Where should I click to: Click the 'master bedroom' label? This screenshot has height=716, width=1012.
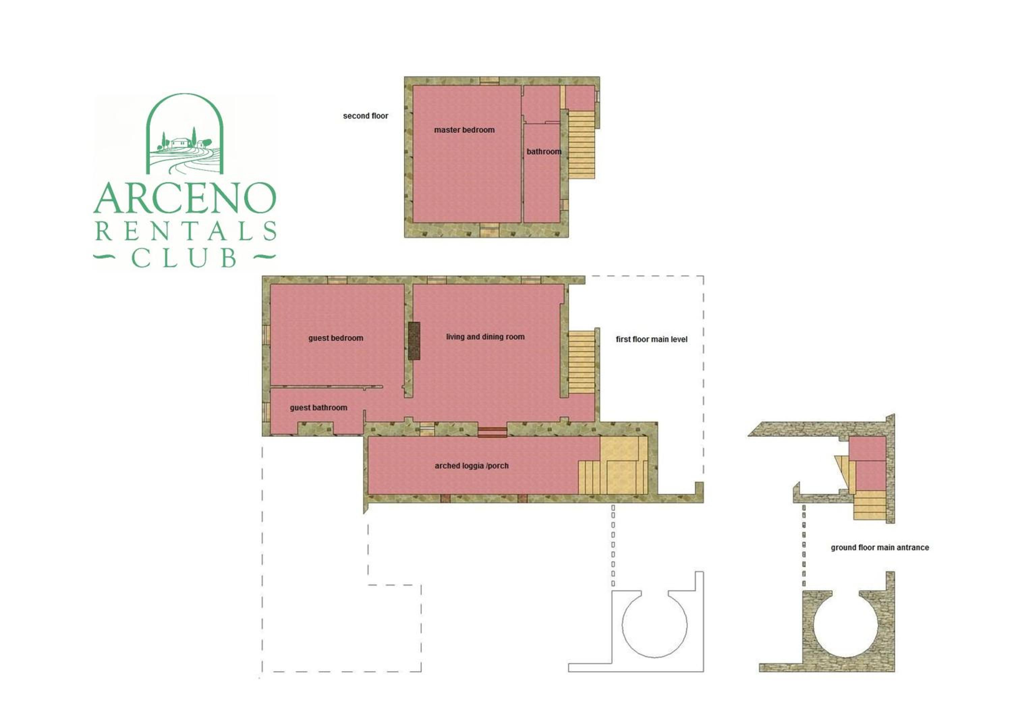point(464,130)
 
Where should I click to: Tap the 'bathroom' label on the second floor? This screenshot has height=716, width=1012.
point(544,152)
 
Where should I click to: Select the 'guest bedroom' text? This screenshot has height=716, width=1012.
point(336,338)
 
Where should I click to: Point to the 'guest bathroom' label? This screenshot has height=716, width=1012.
point(318,408)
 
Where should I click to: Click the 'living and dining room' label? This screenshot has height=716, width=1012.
point(485,337)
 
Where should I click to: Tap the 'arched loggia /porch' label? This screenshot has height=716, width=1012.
point(472,466)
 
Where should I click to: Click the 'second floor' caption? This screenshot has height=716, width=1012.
point(365,116)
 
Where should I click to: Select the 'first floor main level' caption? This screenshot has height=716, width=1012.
point(651,339)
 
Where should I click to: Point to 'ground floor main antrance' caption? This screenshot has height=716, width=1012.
point(880,548)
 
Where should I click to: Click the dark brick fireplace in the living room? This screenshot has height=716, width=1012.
point(414,341)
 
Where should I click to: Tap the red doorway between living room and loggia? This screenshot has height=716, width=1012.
point(492,432)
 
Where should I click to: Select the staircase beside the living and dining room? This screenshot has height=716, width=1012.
point(581,362)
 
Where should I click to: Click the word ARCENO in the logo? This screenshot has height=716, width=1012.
point(185,198)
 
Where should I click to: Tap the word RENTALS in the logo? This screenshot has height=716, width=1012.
point(186,231)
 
